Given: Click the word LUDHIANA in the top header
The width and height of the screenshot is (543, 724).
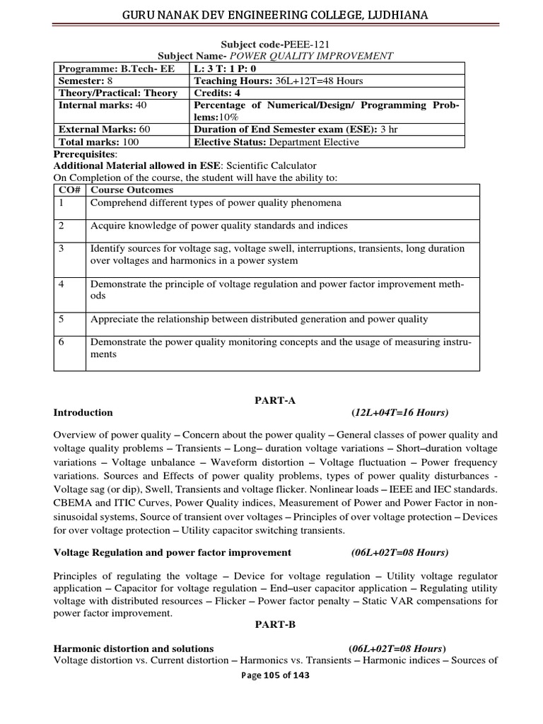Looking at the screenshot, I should (394, 15).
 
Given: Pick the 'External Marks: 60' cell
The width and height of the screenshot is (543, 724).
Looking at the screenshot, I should (104, 129).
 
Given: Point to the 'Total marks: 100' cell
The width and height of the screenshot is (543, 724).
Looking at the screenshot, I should (98, 141).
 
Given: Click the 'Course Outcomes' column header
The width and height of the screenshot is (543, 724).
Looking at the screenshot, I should (131, 190).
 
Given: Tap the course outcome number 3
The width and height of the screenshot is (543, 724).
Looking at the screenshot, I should (62, 249).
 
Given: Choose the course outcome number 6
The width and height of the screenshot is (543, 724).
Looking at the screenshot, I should (62, 342).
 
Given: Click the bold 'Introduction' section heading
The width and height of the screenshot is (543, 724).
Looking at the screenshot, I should (83, 413).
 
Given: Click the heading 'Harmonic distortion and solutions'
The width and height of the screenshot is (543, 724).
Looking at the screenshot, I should (134, 648).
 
